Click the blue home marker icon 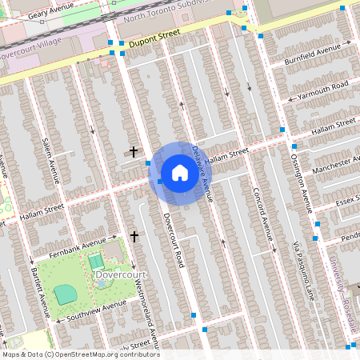179,173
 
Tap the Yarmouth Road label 322,89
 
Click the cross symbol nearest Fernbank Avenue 134,236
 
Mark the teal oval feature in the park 66,294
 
